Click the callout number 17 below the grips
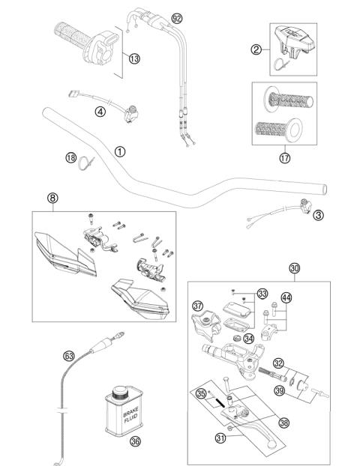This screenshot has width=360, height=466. [283, 158]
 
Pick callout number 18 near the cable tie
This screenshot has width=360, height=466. [70, 157]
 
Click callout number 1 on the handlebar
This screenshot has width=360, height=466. [119, 151]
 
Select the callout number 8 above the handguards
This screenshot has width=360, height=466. [52, 199]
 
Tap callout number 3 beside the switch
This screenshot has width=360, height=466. [318, 215]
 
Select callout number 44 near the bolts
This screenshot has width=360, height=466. [286, 297]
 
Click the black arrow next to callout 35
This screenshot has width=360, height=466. [219, 400]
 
